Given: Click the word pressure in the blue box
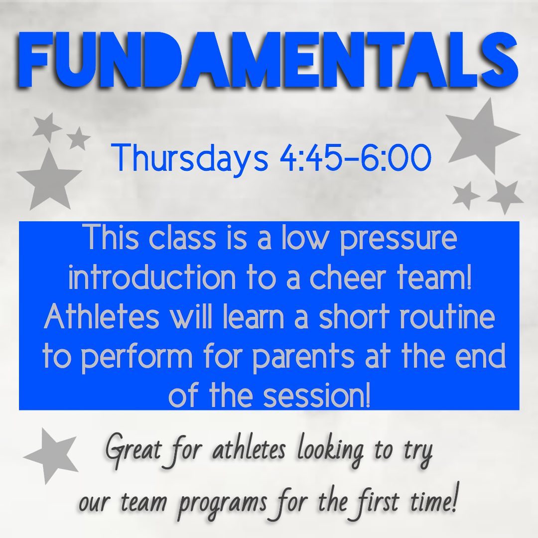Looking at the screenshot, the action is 399,240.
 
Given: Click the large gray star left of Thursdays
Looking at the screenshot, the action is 49,180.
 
